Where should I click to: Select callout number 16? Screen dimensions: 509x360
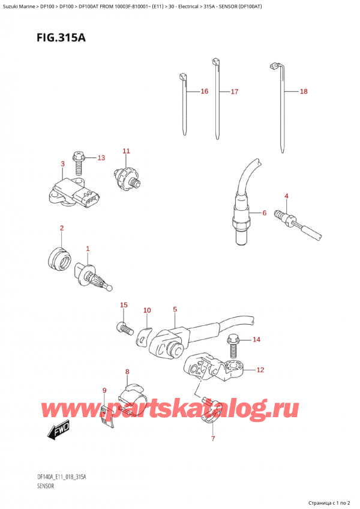point(204,92)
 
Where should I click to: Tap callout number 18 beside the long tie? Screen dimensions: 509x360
point(303,92)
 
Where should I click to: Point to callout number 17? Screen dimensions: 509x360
point(234,92)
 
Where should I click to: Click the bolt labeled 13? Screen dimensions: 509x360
point(77,158)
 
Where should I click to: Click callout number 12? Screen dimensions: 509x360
point(260,370)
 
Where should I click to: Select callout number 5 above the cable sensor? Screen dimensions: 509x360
point(175,310)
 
